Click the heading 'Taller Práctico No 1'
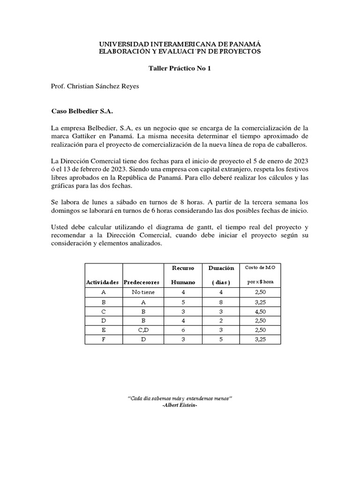pos(180,68)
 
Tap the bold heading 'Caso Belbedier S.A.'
pos(82,112)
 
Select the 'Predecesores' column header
pos(141,282)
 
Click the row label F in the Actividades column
pos(103,339)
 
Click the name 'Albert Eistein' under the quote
pos(180,405)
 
